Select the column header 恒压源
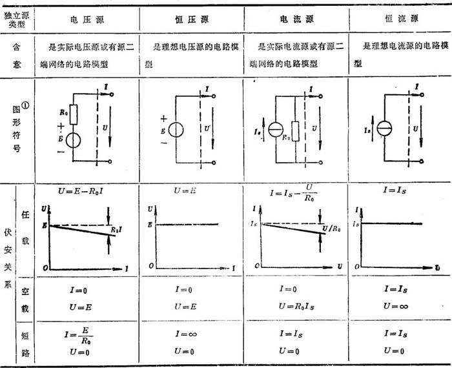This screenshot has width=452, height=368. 190,19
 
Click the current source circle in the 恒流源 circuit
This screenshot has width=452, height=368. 385,128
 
